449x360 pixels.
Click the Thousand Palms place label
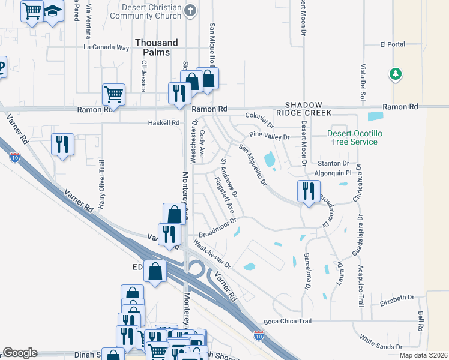[156, 47]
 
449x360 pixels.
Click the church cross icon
[190, 10]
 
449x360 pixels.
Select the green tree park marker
[395, 74]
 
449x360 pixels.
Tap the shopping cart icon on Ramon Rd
[113, 94]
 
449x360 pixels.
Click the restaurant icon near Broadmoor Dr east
[307, 191]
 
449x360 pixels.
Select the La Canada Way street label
[106, 47]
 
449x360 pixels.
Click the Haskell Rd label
[164, 123]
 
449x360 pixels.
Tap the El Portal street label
[393, 44]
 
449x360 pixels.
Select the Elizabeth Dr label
[397, 297]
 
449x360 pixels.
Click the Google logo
[20, 353]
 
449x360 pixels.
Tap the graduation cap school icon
[53, 11]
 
